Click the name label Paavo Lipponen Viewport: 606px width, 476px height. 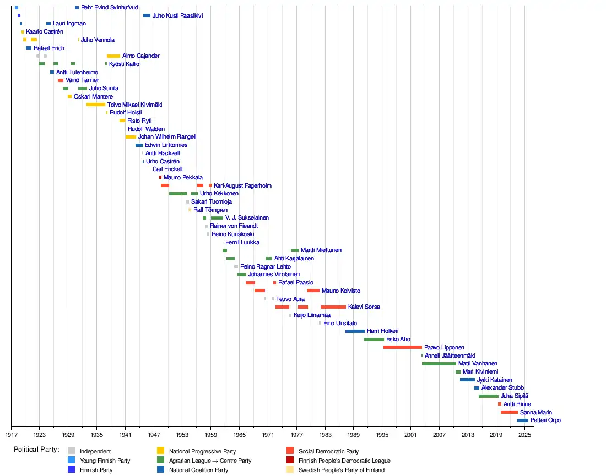point(444,348)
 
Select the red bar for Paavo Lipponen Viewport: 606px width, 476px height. point(402,347)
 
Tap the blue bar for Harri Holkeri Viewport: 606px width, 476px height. point(355,331)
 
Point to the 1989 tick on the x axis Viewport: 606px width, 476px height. point(353,426)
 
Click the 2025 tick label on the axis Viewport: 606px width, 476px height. point(524,435)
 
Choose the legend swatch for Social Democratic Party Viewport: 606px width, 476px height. point(290,451)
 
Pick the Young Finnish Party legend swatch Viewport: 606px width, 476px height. point(71,461)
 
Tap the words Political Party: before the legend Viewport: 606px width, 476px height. point(36,450)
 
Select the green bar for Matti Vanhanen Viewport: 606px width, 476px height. point(439,364)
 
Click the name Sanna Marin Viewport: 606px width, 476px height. point(535,412)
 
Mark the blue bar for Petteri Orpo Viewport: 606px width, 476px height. point(522,420)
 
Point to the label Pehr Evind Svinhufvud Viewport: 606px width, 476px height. point(109,8)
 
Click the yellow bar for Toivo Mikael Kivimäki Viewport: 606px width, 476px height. point(96,105)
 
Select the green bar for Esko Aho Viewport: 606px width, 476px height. point(374,340)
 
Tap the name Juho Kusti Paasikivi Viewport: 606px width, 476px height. point(177,16)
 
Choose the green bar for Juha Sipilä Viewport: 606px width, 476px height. point(488,396)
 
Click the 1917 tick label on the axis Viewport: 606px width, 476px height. point(11,435)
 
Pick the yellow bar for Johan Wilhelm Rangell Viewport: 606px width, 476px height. point(131,137)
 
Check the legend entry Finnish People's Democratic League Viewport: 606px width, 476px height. point(344,461)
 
